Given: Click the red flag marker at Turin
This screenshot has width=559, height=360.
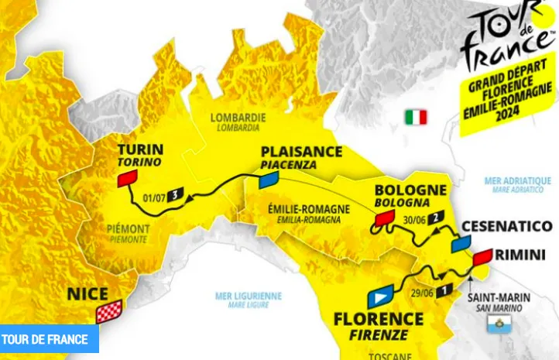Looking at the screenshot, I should click(127, 180).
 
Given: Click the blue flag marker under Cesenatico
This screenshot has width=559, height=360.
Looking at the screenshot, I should click(462, 244).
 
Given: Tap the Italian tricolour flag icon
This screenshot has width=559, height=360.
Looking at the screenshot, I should click(415, 118).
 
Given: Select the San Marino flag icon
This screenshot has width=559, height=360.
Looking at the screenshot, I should click(494, 327).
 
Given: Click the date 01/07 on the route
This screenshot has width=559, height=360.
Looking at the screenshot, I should click(155, 196).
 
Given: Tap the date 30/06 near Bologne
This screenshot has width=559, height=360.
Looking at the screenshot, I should click(415, 218).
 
